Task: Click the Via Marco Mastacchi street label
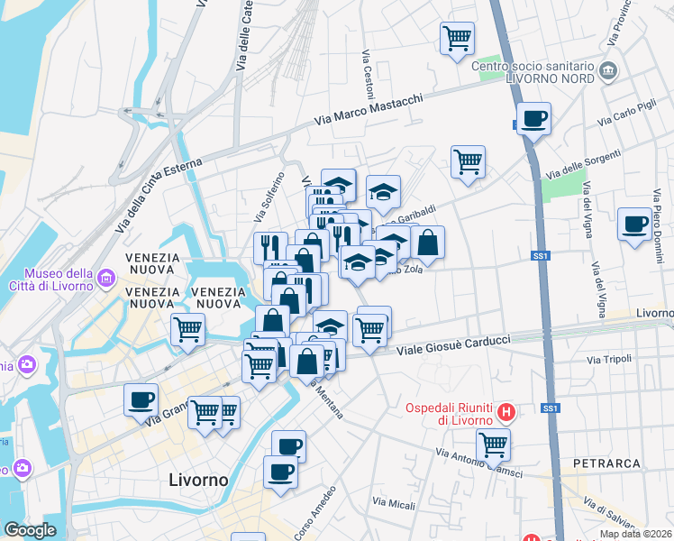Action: (x=369, y=110)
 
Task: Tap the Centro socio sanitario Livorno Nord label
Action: (x=533, y=73)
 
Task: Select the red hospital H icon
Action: (x=506, y=413)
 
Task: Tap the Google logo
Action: (x=30, y=530)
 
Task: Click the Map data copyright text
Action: (x=635, y=534)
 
